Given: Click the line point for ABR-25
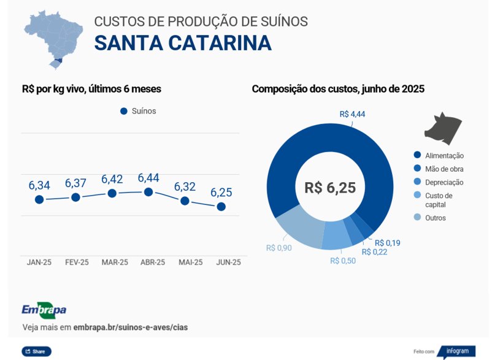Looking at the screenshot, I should click(x=148, y=192).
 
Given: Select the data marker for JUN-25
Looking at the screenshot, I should click(x=221, y=207).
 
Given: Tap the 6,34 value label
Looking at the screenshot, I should click(x=39, y=185).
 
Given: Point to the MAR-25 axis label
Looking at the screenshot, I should click(x=115, y=262).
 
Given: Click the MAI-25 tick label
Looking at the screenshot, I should click(x=190, y=262).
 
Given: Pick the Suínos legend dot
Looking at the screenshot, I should click(x=123, y=111).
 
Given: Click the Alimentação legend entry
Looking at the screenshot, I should click(x=444, y=156).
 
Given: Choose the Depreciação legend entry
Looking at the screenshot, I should click(x=444, y=182).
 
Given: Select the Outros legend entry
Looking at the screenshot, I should click(x=436, y=218).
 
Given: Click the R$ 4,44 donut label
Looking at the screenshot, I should click(x=352, y=114).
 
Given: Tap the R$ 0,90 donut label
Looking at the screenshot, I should click(x=279, y=248).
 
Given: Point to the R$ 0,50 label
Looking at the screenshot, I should click(x=343, y=261).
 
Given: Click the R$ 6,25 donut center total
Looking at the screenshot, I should click(x=330, y=188).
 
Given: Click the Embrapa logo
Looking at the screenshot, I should click(x=44, y=310).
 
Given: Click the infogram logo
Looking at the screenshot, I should click(x=456, y=351).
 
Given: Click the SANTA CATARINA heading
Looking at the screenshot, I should click(x=182, y=44).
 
